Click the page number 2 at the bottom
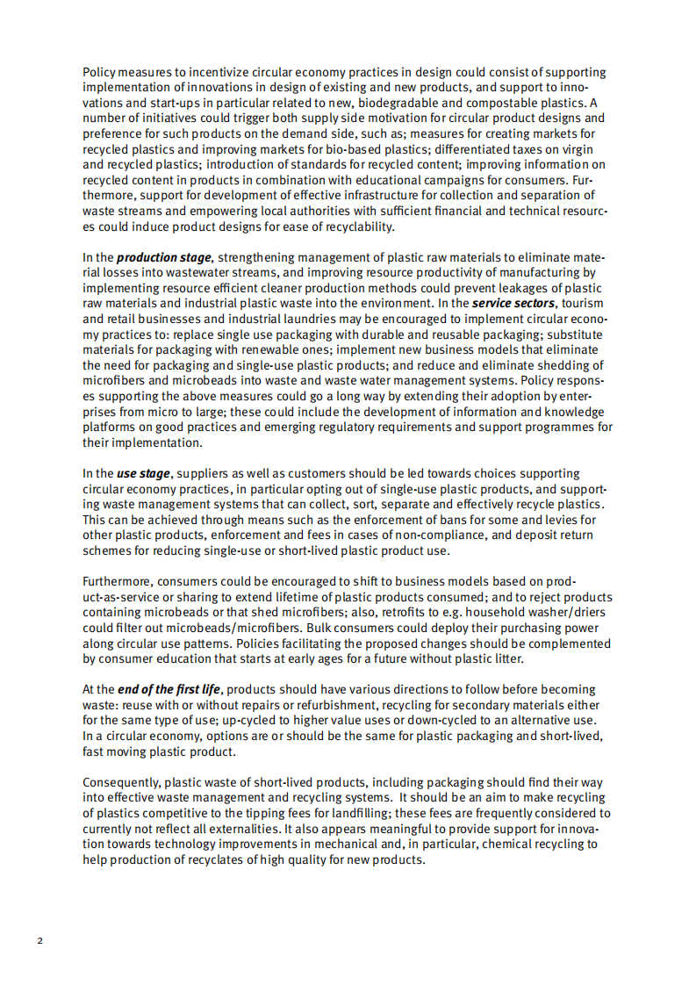pos(39,941)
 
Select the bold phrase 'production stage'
pos(164,257)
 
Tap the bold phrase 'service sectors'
pos(513,303)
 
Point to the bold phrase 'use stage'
pos(143,473)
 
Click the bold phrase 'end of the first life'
pos(169,689)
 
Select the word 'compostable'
pos(509,102)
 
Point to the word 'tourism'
pos(584,303)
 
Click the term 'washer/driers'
pos(561,612)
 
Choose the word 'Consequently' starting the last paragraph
pos(122,781)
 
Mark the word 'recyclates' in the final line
pos(226,859)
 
